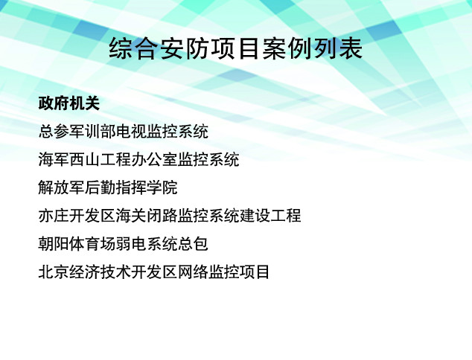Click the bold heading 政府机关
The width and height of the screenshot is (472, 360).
(69, 103)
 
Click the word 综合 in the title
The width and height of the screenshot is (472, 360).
(134, 48)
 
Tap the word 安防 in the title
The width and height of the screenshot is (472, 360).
(185, 48)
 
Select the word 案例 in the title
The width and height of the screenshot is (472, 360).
(287, 48)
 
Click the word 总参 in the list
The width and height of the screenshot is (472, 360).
(54, 132)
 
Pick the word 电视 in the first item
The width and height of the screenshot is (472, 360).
(131, 132)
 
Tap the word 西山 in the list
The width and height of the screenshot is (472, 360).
(85, 159)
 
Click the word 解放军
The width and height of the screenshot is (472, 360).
(61, 187)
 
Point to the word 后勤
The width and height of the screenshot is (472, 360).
(100, 187)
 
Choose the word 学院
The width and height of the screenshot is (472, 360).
(162, 187)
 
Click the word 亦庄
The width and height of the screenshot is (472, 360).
(54, 216)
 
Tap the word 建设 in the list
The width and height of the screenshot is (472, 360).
(255, 216)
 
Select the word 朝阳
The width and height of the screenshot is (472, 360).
(54, 244)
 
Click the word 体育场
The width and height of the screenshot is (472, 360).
(92, 244)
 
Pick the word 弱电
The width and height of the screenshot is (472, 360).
(131, 244)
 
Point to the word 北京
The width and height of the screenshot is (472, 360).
(54, 272)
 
